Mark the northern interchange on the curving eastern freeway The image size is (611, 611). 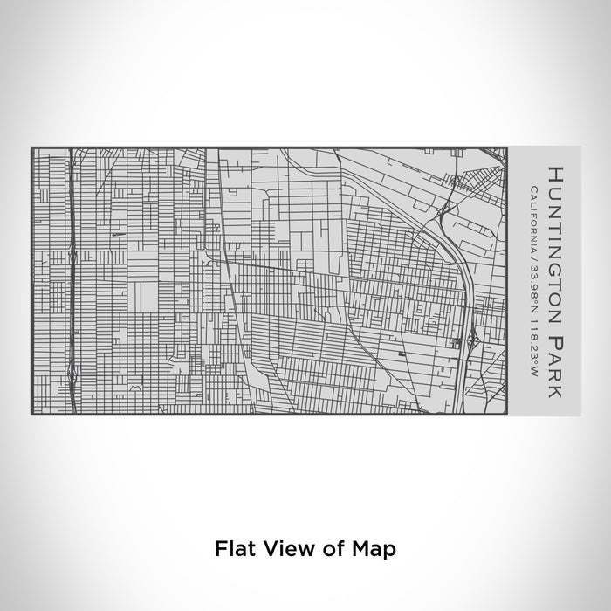(x=445, y=209)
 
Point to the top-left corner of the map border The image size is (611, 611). (x=32, y=148)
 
